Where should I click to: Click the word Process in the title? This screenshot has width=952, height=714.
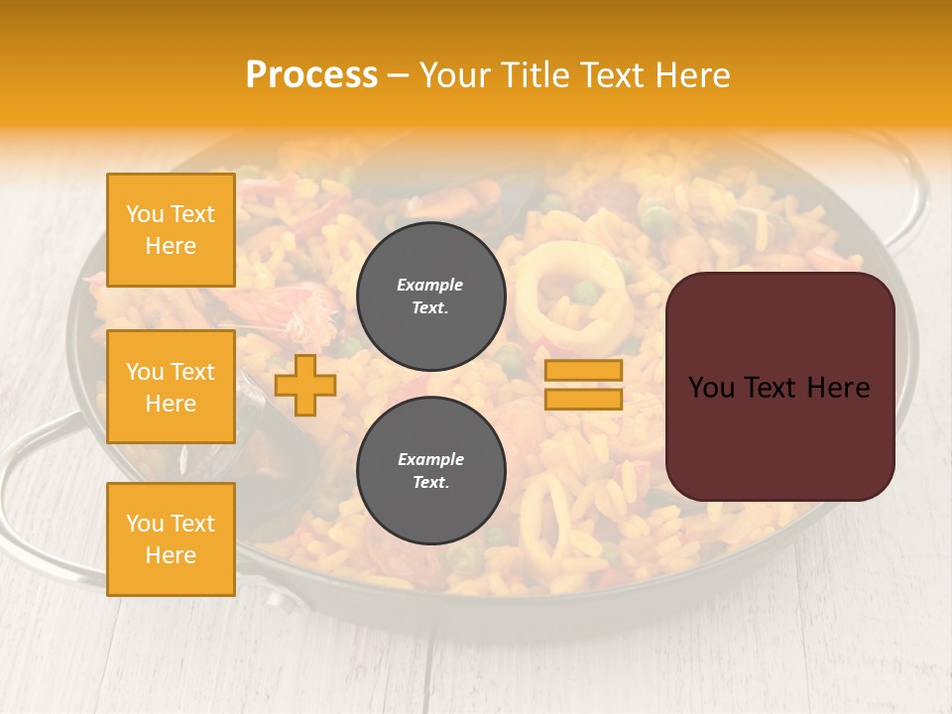pos(311,75)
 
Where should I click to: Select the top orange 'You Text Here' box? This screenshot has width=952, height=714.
pos(171,230)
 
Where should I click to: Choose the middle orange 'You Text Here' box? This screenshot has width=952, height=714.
pos(171,387)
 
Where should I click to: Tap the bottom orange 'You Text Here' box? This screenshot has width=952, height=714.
pos(171,538)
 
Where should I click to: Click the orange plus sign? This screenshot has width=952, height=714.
pos(305,385)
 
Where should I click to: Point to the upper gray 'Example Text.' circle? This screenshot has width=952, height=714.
pos(430,296)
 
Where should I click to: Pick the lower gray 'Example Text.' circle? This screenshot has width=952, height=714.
pos(430,470)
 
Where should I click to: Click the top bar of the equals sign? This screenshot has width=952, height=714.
pos(583,370)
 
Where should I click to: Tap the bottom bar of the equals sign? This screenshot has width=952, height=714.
pos(583,399)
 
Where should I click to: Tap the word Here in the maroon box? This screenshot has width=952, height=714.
pos(840,388)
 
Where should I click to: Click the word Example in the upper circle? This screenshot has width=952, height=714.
pos(430,285)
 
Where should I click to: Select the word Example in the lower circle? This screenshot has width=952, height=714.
pos(430,459)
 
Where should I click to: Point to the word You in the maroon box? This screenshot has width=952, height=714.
pos(712,388)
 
